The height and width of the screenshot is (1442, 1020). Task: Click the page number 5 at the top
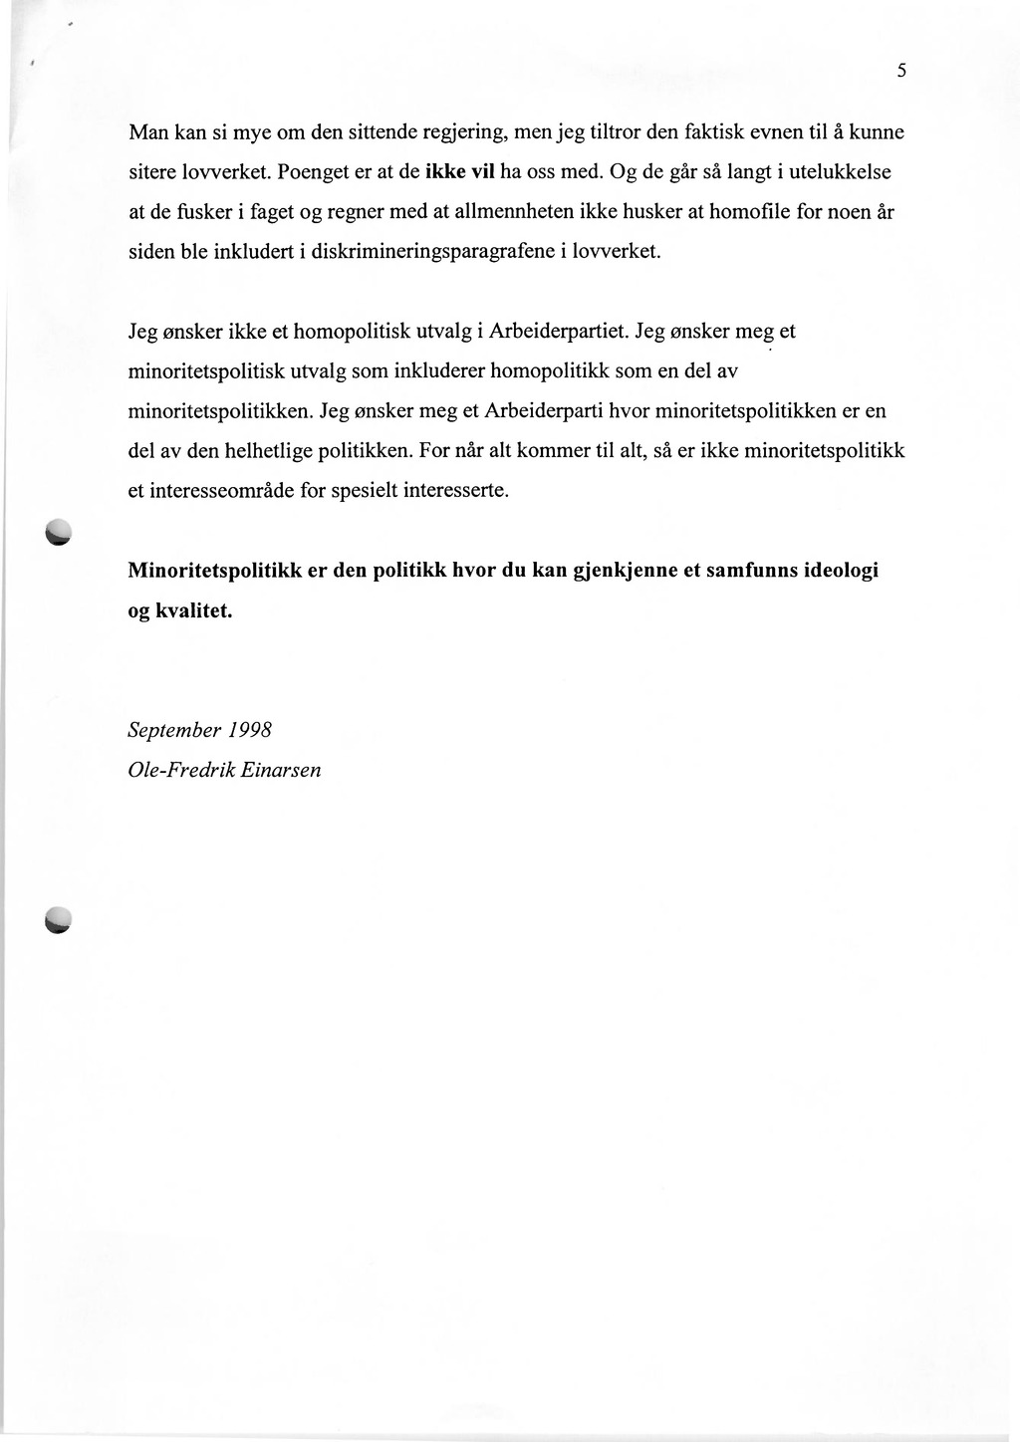point(900,71)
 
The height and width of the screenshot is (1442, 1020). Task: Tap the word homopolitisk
point(334,332)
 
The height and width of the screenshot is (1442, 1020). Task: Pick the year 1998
point(251,730)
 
